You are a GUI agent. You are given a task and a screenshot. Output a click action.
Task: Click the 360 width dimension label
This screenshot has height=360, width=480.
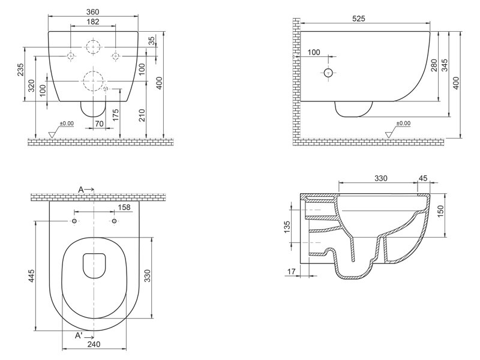93,12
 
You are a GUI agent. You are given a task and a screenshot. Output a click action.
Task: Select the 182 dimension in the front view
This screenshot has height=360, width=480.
93,22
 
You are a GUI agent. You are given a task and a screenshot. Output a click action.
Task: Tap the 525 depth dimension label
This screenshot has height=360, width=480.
359,19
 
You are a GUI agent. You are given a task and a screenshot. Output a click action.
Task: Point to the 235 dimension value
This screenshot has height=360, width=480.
20,70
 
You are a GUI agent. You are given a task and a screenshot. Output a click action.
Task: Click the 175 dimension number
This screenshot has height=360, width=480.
115,115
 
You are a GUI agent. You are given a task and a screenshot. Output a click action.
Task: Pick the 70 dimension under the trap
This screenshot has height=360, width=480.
99,124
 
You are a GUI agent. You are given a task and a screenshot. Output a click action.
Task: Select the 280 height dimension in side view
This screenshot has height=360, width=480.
434,65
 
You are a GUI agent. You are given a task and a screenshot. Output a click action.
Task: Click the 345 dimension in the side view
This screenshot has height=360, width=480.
445,65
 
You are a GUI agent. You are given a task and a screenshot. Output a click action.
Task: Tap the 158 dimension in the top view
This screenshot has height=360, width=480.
124,207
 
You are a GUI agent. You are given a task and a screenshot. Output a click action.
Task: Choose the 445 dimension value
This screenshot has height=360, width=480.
32,276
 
